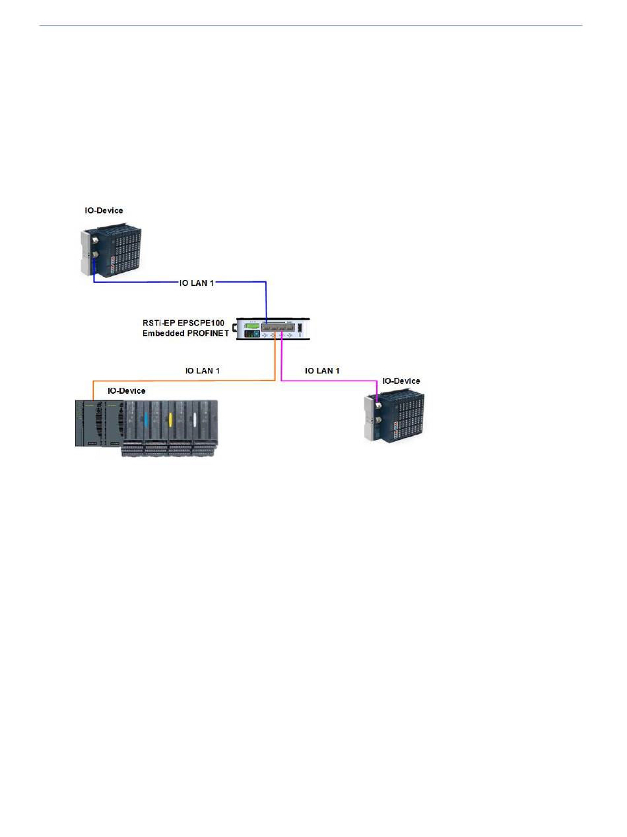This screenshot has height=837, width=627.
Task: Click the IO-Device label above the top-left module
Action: click(104, 211)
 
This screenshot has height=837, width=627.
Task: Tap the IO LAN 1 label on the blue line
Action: click(197, 283)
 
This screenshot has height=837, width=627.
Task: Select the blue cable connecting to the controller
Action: click(180, 282)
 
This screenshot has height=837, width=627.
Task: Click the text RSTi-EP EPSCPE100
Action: click(183, 322)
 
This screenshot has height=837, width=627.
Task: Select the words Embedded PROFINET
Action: click(185, 333)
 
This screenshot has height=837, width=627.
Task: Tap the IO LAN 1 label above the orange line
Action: click(202, 371)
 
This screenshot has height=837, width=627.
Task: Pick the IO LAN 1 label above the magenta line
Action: click(322, 371)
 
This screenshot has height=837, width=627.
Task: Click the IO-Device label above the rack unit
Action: click(126, 391)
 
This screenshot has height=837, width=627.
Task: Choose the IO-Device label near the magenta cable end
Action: click(401, 381)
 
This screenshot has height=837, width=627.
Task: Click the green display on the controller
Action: click(252, 326)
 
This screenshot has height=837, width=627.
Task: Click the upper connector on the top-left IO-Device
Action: click(94, 240)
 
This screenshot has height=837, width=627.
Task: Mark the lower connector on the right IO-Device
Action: click(378, 420)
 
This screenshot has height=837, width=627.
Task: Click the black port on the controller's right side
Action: click(300, 328)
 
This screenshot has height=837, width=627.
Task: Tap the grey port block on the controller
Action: click(278, 327)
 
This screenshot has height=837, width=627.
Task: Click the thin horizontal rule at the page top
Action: click(311, 26)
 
